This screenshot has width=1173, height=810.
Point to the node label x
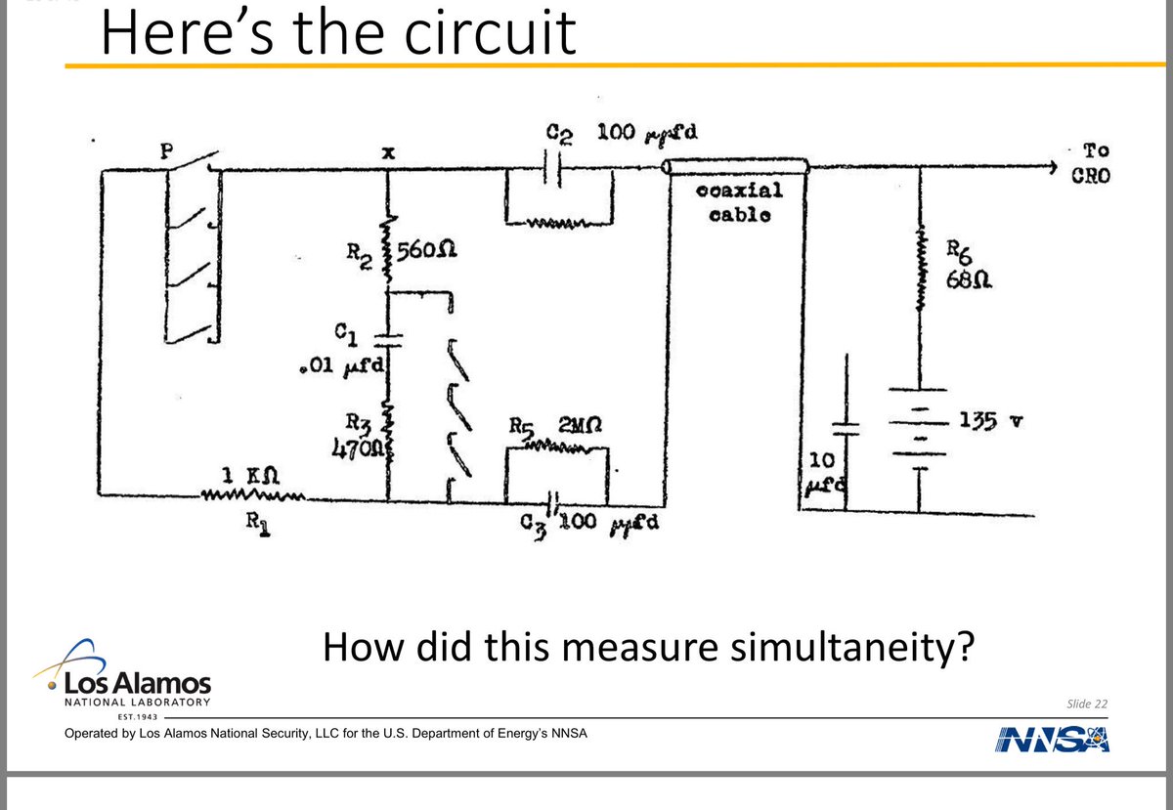(388, 153)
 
